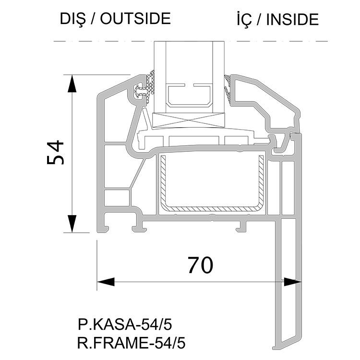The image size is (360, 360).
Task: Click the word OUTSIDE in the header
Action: pos(135,19)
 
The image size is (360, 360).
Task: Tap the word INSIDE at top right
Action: pos(292,20)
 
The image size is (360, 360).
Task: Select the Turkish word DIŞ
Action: pos(73,20)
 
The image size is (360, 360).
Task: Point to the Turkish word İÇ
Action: pos(244,20)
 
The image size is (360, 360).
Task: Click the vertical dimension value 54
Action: pos(55,153)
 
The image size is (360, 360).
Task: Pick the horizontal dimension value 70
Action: pos(201,265)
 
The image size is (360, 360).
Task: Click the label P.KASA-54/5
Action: pos(125,324)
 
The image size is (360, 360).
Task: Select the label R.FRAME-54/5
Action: pos(132,344)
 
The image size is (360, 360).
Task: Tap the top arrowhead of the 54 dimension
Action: pos(72,84)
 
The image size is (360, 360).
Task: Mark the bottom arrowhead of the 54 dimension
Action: pos(72,224)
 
